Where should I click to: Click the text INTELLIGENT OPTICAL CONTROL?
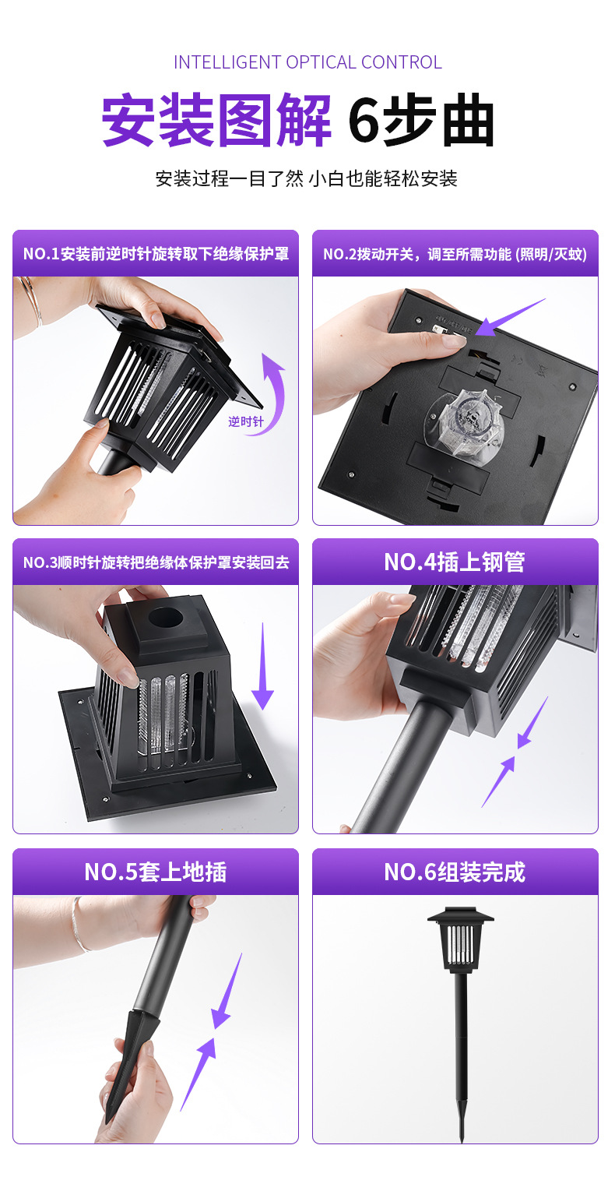coord(307,62)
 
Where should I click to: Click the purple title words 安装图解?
coord(217,121)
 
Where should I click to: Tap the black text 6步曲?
coord(421,121)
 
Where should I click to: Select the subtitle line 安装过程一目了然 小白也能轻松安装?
coord(307,178)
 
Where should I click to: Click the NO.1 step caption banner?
coord(156,254)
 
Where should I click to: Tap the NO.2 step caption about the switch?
coord(455,254)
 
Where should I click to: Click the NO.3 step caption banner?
coord(156,562)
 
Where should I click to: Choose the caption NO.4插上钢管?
coord(455,562)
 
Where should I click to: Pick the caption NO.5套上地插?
coord(156,872)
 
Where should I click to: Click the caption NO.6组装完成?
coord(455,872)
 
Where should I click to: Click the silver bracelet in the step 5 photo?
coord(78,927)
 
